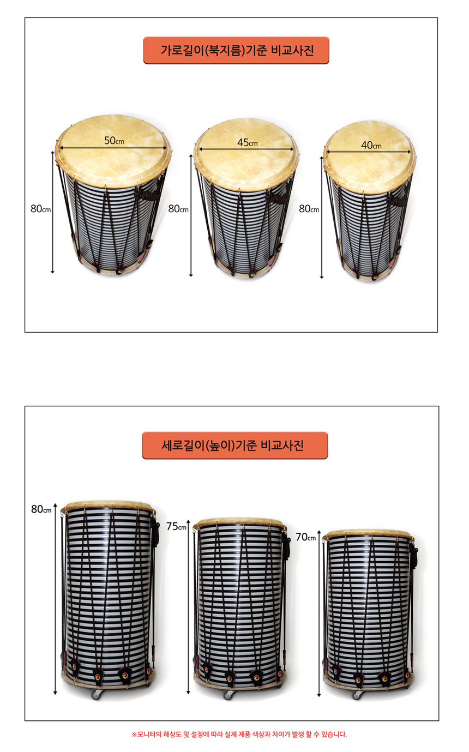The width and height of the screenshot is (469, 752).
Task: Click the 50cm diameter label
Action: pyautogui.click(x=114, y=140)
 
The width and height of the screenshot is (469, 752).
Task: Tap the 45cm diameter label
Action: pyautogui.click(x=248, y=143)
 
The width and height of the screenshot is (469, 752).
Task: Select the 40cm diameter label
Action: pyautogui.click(x=371, y=146)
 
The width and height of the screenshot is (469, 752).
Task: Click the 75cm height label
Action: pyautogui.click(x=176, y=526)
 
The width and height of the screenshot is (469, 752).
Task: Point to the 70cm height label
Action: pyautogui.click(x=305, y=537)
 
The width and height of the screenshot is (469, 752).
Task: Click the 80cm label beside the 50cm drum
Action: pyautogui.click(x=40, y=209)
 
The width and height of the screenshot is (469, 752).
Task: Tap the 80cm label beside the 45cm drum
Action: pyautogui.click(x=178, y=209)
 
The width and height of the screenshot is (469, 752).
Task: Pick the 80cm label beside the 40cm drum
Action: pyautogui.click(x=309, y=209)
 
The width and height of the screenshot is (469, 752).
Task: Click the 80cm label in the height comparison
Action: pyautogui.click(x=41, y=509)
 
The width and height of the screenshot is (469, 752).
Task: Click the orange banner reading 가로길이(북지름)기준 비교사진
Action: pyautogui.click(x=236, y=50)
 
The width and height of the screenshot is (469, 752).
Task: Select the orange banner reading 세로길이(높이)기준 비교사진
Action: pyautogui.click(x=234, y=446)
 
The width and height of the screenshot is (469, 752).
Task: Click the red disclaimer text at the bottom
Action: pyautogui.click(x=239, y=734)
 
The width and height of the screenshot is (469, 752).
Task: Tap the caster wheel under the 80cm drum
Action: pyautogui.click(x=97, y=694)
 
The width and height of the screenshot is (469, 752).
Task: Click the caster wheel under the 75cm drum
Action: pyautogui.click(x=229, y=694)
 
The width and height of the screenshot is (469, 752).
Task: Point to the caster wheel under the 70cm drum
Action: pyautogui.click(x=358, y=695)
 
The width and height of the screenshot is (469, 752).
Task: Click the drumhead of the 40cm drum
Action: pyautogui.click(x=369, y=155)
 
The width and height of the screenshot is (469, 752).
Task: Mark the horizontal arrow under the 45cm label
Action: pyautogui.click(x=246, y=149)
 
